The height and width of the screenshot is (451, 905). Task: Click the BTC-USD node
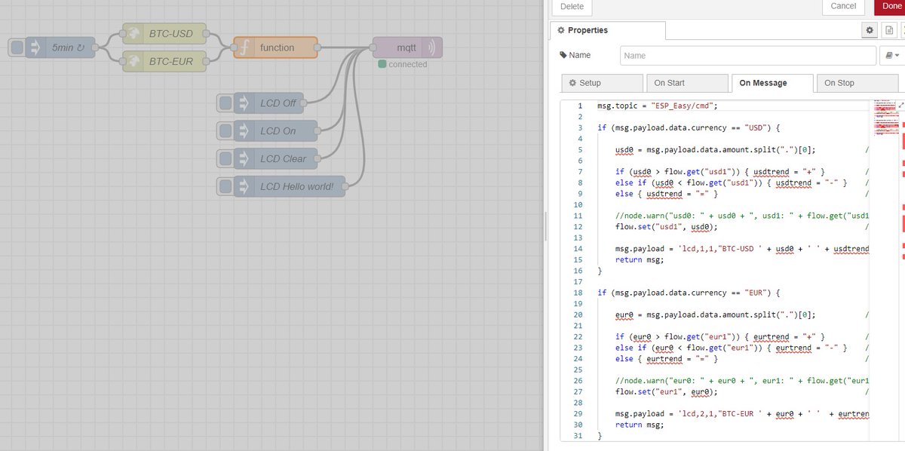click(x=164, y=33)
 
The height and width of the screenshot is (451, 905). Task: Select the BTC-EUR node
click(x=164, y=61)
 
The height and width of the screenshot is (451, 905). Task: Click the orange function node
click(x=275, y=48)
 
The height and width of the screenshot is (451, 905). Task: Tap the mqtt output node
click(x=407, y=48)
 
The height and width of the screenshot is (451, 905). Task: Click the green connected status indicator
click(x=382, y=64)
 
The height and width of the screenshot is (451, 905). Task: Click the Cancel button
click(x=843, y=6)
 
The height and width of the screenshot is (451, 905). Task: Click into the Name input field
click(x=748, y=55)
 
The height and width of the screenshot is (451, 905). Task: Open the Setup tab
click(x=602, y=83)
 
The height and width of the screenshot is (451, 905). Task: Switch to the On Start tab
click(x=687, y=83)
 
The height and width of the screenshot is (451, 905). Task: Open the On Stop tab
click(x=857, y=83)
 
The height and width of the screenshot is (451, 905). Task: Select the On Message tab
click(x=772, y=83)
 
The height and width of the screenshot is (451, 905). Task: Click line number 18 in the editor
click(x=578, y=293)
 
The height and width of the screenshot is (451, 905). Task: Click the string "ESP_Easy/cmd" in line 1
click(x=682, y=106)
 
